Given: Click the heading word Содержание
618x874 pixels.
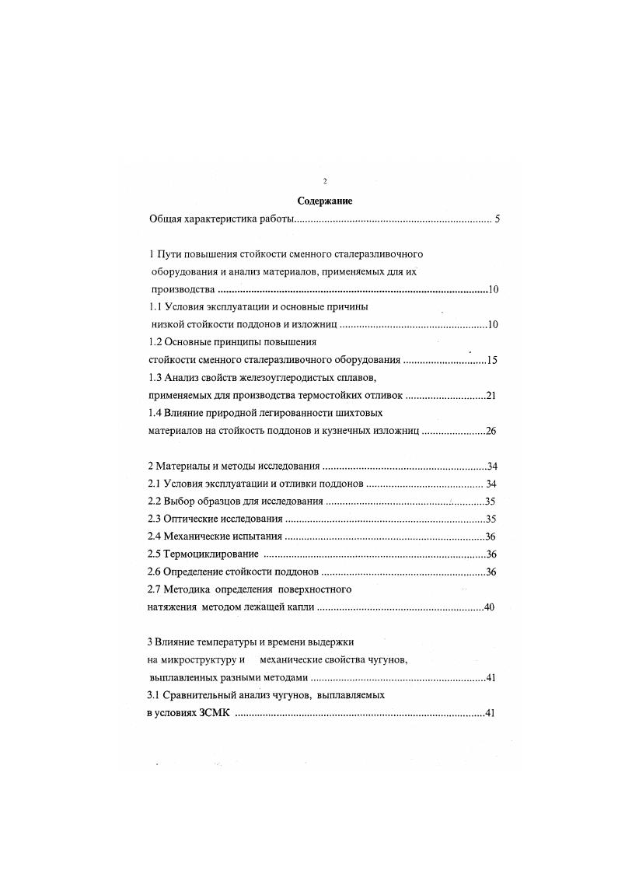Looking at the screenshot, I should pyautogui.click(x=325, y=201).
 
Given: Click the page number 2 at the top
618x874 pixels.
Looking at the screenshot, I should pyautogui.click(x=325, y=181).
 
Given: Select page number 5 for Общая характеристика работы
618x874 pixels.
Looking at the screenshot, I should pyautogui.click(x=496, y=220).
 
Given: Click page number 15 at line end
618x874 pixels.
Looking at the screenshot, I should pyautogui.click(x=491, y=360).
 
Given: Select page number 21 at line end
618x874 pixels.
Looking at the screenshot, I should pyautogui.click(x=491, y=396).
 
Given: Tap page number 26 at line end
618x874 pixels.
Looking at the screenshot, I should pyautogui.click(x=491, y=431).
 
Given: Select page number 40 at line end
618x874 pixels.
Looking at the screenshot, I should pyautogui.click(x=489, y=607).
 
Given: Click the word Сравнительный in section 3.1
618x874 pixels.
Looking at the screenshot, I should pyautogui.click(x=204, y=695).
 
